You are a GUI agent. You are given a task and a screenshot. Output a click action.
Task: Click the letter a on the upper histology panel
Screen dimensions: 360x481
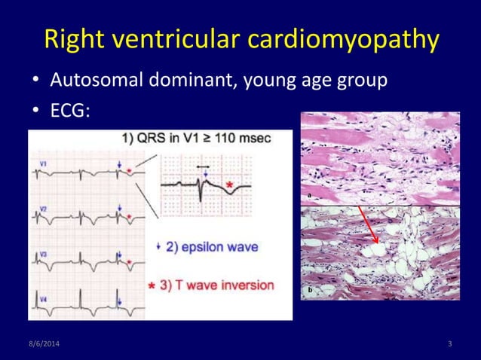click(x=309, y=195)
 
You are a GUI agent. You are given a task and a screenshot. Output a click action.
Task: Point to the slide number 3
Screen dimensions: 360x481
click(x=449, y=344)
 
